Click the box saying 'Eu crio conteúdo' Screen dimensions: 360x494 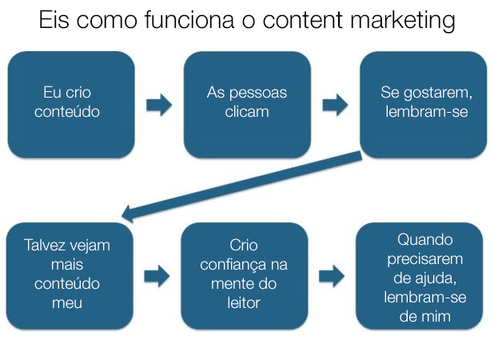71,104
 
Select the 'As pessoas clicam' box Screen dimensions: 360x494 246,104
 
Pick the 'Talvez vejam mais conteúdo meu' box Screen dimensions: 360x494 70,275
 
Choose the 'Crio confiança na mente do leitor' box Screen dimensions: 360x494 245,275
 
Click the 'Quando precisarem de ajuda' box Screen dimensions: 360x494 419,275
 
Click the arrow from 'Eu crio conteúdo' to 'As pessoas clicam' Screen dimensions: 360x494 159,105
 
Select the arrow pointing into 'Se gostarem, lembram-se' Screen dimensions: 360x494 335,105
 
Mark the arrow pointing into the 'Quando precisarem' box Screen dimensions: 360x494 332,276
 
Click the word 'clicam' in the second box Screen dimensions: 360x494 246,112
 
